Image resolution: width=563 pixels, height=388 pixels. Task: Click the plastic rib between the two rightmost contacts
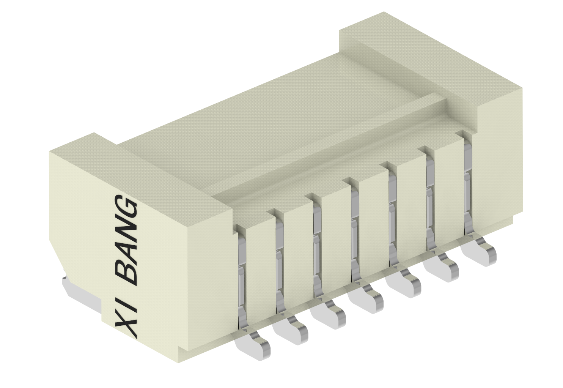click(x=450, y=190)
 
